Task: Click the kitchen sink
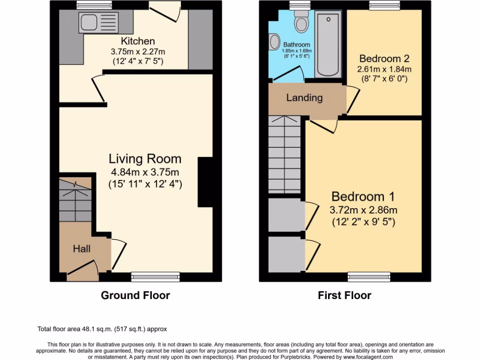(x=99, y=22)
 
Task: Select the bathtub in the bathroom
(x=330, y=45)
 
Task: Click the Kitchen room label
(x=137, y=41)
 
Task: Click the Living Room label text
(x=145, y=158)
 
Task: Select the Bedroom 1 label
(x=363, y=196)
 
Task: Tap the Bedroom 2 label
(x=384, y=59)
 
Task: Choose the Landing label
(x=304, y=97)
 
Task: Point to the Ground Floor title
(x=135, y=295)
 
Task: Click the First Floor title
(x=344, y=295)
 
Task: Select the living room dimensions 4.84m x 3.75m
(x=145, y=172)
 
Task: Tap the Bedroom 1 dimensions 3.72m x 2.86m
(x=363, y=210)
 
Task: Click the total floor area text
(x=102, y=329)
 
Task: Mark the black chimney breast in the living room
(x=205, y=182)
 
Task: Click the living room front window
(x=149, y=277)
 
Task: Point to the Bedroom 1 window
(x=368, y=277)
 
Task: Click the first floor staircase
(x=284, y=155)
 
